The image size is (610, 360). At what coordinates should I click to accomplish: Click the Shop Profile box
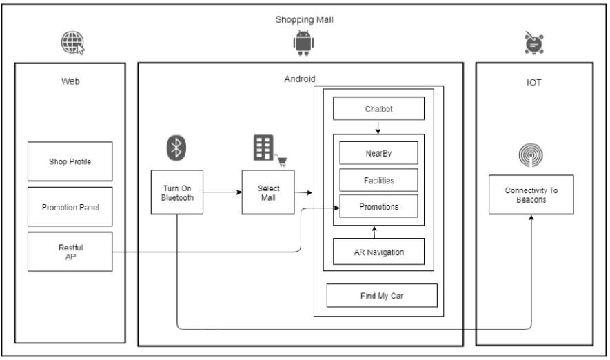(x=70, y=161)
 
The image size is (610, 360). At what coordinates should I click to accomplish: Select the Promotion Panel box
(x=70, y=206)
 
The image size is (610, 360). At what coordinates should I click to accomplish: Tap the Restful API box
(x=70, y=251)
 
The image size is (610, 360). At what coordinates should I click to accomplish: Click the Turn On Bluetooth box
(x=177, y=192)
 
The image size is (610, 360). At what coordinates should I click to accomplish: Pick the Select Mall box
(x=268, y=192)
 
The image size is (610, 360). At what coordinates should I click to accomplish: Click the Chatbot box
(x=378, y=109)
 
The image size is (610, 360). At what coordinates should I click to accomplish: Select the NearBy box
(x=378, y=152)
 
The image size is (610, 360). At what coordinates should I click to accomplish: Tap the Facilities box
(x=378, y=179)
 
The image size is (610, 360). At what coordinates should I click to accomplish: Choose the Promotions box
(x=378, y=206)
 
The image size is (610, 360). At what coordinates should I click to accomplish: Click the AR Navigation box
(x=378, y=252)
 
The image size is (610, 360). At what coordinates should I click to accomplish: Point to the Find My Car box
(x=382, y=295)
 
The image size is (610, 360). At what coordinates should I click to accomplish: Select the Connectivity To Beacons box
(x=531, y=194)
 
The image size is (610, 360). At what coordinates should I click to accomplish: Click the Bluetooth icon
(x=177, y=147)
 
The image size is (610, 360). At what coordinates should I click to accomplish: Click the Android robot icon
(x=303, y=43)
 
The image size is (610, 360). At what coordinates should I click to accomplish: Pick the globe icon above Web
(x=72, y=43)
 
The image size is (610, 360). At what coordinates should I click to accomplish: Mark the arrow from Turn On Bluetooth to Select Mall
(x=222, y=192)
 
